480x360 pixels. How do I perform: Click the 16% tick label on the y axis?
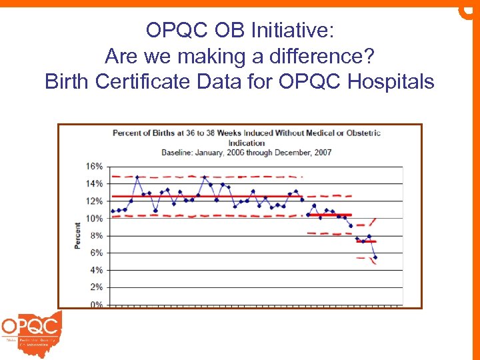[x=94, y=166]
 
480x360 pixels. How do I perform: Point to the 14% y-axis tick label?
[x=94, y=183]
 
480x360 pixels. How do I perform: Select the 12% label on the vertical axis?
[x=94, y=201]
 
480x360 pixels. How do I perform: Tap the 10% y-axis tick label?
[x=94, y=219]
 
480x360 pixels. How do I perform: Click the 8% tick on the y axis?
[x=96, y=236]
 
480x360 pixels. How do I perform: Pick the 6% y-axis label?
[x=96, y=253]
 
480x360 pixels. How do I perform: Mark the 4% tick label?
[x=96, y=271]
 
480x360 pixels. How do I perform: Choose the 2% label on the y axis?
[x=96, y=287]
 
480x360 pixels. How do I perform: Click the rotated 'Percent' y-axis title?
[x=77, y=235]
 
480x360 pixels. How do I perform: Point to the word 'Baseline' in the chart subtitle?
[x=178, y=152]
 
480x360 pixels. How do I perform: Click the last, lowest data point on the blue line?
[x=375, y=257]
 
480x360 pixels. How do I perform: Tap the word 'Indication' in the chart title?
[x=247, y=143]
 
